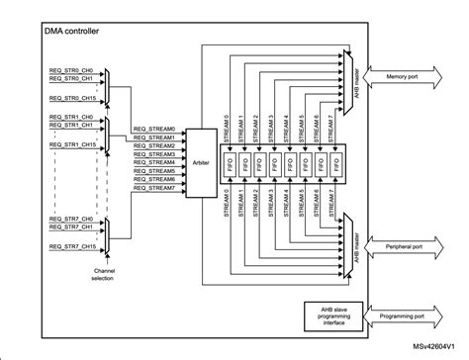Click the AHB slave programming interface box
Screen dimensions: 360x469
331,318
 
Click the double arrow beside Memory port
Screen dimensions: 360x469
381,74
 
